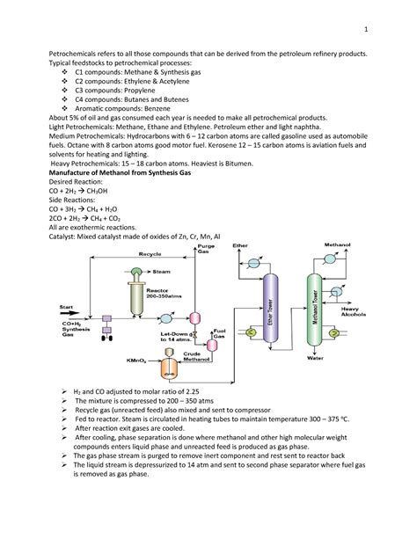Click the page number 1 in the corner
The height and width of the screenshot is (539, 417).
(392, 11)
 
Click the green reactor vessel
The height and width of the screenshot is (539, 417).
(137, 299)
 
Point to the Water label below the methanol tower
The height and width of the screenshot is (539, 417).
(315, 358)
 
